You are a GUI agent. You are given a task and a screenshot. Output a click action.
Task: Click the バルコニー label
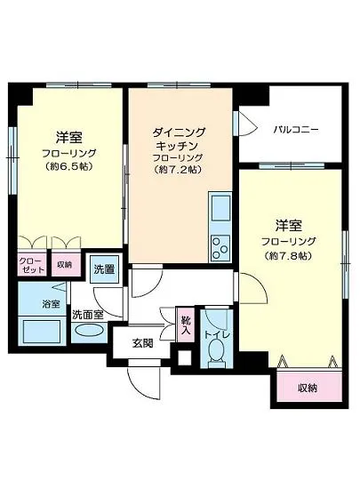click(295, 131)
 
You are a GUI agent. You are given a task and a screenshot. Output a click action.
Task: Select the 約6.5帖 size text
click(69, 166)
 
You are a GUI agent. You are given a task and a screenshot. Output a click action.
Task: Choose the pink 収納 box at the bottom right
click(307, 389)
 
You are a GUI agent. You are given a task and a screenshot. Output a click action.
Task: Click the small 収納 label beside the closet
click(64, 264)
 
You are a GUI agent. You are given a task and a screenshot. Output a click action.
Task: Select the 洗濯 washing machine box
click(103, 269)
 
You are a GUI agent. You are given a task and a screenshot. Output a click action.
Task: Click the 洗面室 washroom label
click(88, 313)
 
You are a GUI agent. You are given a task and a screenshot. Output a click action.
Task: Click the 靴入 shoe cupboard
click(186, 325)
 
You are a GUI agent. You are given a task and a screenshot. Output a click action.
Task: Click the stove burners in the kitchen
click(220, 248)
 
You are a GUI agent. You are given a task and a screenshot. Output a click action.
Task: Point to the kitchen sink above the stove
click(220, 209)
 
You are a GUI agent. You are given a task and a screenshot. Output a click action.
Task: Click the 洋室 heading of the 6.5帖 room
click(69, 137)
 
